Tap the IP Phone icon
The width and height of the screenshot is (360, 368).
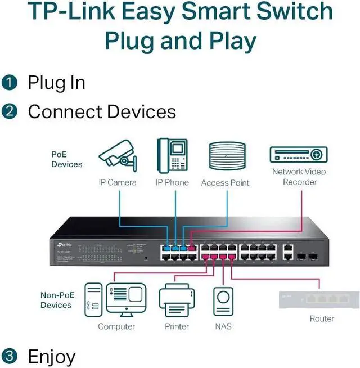point(172,156)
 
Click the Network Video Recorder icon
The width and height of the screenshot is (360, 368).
point(299,154)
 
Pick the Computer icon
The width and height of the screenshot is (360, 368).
point(115,300)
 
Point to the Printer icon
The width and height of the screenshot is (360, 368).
point(177,300)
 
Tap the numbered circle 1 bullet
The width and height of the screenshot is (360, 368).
point(10,83)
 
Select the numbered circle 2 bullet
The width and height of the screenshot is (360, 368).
point(10,111)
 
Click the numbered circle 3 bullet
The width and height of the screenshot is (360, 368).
point(10,356)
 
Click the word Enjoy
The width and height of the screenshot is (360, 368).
point(51,356)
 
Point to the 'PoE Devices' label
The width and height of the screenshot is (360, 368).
point(66,159)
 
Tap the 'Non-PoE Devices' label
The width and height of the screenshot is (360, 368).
point(56,300)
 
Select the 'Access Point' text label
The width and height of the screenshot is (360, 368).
point(225,182)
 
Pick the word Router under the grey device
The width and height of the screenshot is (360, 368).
point(322,318)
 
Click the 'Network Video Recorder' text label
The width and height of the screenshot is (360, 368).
point(299,177)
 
